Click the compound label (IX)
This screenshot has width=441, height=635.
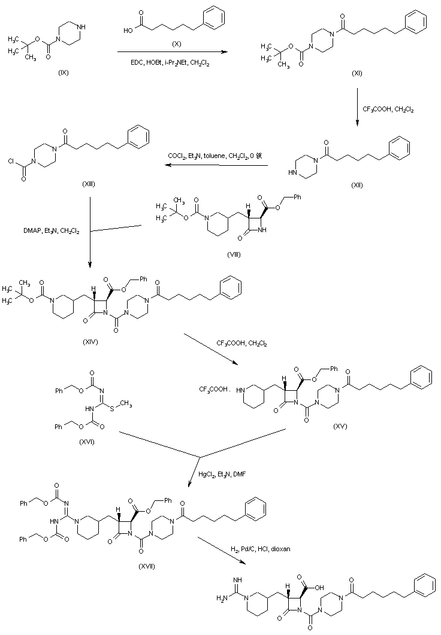(x=64, y=72)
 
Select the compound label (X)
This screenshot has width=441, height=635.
(x=176, y=44)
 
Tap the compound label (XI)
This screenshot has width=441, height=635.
(x=357, y=72)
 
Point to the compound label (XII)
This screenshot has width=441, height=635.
(x=357, y=186)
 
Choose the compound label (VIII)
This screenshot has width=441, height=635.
(x=234, y=254)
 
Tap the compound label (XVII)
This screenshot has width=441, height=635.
(x=146, y=566)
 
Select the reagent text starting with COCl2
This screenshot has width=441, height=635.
(x=215, y=156)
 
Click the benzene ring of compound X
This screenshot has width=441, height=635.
(x=215, y=16)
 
